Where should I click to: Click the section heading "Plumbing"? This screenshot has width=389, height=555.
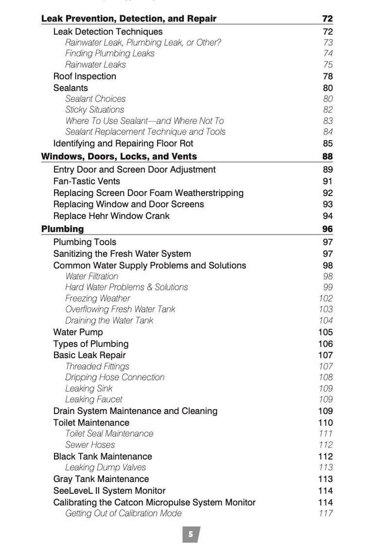tap(62, 229)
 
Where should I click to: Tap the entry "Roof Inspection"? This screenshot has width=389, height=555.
tap(85, 76)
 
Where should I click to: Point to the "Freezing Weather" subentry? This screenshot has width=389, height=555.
tap(98, 298)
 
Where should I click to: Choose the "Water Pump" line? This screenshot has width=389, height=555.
tap(78, 332)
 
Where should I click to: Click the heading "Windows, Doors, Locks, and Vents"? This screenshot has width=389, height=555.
tap(119, 157)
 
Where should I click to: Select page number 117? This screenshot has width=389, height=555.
tap(325, 513)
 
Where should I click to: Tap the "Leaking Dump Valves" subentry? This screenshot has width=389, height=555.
tap(106, 467)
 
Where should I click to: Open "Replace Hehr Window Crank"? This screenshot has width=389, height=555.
tap(111, 216)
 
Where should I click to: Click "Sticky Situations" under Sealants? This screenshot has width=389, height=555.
tap(95, 110)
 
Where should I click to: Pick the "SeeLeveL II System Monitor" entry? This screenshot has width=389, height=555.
tap(109, 491)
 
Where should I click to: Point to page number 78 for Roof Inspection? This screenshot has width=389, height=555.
tap(328, 76)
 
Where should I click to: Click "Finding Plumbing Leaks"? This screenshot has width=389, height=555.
tap(110, 54)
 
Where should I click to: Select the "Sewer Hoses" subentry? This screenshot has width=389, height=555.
tap(90, 445)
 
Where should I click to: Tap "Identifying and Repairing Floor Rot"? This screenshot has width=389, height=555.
tap(123, 143)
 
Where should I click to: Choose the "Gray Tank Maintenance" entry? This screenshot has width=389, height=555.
tap(101, 479)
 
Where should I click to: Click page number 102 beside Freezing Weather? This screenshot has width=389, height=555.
tap(325, 298)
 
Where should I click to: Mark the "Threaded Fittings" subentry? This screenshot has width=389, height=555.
tap(97, 366)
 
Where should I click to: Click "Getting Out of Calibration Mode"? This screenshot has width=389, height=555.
tap(124, 513)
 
